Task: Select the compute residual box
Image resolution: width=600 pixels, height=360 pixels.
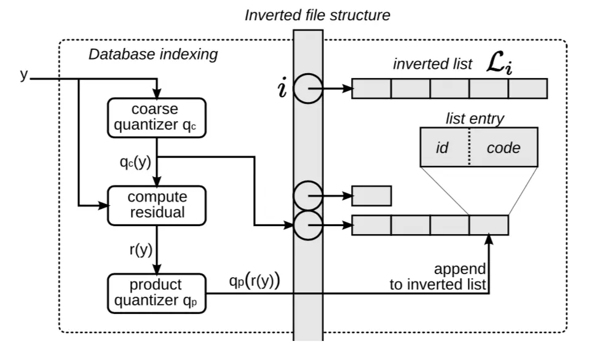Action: (157, 205)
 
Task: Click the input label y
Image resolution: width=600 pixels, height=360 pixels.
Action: (24, 76)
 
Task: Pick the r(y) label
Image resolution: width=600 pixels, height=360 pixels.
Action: (140, 249)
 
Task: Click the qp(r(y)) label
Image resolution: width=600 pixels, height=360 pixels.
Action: (254, 282)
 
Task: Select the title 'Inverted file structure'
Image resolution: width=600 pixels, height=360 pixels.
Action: (317, 15)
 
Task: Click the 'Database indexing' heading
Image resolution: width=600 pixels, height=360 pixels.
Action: (153, 54)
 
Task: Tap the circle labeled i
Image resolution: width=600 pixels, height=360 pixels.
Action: (308, 89)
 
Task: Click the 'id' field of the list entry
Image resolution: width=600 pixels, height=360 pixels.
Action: (442, 147)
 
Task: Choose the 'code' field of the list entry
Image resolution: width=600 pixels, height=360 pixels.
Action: (503, 147)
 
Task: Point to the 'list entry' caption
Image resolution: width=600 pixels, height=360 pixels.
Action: (474, 119)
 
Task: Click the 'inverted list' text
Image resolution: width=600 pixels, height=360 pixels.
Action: (433, 64)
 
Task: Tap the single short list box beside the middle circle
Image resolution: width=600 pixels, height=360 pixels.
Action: (371, 196)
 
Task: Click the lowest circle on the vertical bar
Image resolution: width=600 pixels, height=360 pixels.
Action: (308, 225)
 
